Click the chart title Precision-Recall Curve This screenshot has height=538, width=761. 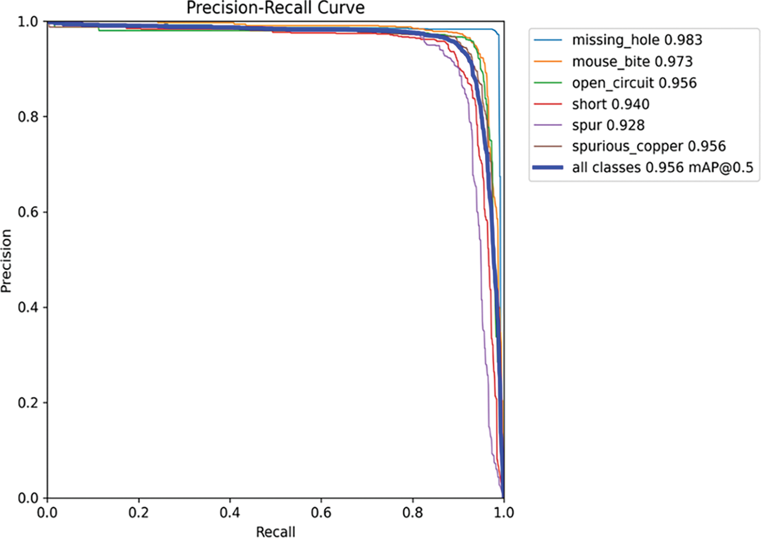tap(275, 8)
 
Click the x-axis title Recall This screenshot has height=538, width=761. tap(275, 531)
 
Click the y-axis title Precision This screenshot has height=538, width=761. tap(6, 260)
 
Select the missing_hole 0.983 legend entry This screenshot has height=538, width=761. tap(637, 40)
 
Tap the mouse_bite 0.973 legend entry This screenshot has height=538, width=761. tap(632, 61)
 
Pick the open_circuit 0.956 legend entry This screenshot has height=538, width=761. tap(634, 83)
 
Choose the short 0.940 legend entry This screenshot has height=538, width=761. tap(610, 104)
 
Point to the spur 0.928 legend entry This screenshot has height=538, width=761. tap(608, 125)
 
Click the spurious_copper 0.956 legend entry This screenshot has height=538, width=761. tap(648, 146)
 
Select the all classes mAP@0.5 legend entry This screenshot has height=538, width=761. tap(662, 167)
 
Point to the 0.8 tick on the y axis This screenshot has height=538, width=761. tap(28, 117)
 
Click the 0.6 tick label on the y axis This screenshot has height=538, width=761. tap(28, 212)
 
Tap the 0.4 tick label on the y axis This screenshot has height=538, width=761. tap(28, 307)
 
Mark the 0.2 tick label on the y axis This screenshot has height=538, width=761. tap(28, 403)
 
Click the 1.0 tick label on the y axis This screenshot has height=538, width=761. tap(28, 21)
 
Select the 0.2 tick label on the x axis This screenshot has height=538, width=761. tap(139, 513)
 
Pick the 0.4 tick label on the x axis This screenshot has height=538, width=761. tap(230, 513)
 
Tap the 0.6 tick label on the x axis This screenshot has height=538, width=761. tap(321, 513)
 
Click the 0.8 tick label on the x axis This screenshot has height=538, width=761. tap(412, 513)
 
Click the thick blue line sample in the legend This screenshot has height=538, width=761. tap(548, 167)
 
